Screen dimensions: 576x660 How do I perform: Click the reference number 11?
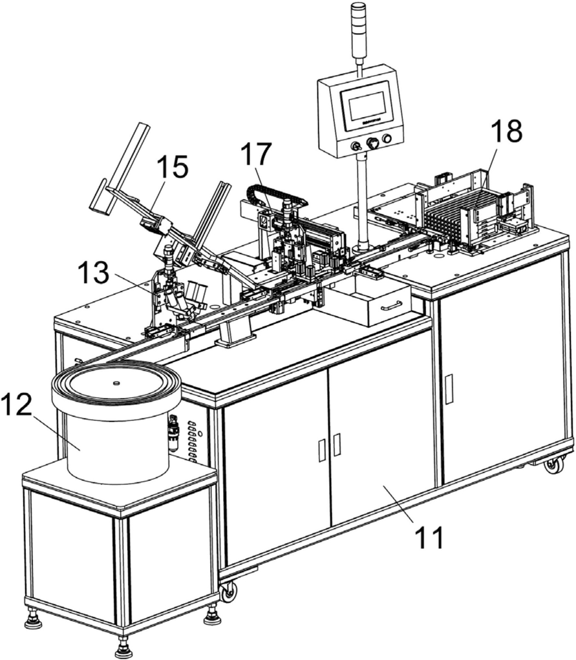[429, 538]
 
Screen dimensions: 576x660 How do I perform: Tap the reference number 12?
[16, 405]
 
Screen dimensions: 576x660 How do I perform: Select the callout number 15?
[172, 167]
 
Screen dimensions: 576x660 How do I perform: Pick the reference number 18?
[507, 131]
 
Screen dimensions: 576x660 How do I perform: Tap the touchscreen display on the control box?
[365, 108]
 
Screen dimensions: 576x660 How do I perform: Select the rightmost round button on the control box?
[387, 138]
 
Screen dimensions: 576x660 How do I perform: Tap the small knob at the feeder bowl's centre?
[116, 383]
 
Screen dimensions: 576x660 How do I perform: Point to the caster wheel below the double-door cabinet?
[228, 591]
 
